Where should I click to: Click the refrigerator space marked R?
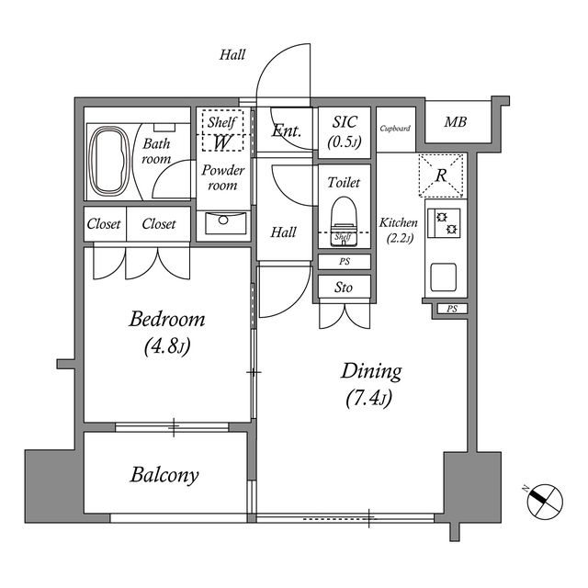tap(442, 175)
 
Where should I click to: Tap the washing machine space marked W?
tap(221, 141)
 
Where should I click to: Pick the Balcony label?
tap(164, 475)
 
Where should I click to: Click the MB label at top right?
tap(455, 122)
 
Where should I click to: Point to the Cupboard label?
tap(395, 129)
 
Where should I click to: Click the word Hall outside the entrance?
tap(232, 55)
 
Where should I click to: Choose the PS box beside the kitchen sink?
tap(451, 309)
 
